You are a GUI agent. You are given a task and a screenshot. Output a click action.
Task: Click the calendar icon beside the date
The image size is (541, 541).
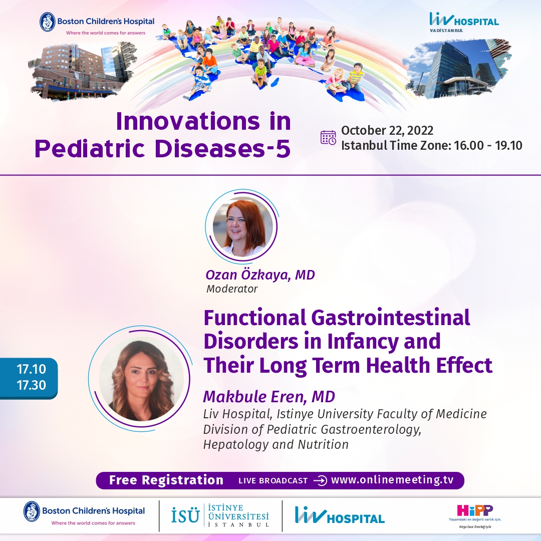coord(328,138)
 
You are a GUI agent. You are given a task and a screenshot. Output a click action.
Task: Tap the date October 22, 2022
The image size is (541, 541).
coord(387,130)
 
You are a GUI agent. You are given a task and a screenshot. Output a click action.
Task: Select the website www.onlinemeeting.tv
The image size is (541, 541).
coord(392,480)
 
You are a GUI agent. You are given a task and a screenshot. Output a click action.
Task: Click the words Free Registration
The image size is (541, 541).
coord(166,480)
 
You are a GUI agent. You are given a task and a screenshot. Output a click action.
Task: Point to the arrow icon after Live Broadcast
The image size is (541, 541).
coord(320,480)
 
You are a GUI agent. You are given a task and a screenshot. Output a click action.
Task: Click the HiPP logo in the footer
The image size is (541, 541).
coord(475,515)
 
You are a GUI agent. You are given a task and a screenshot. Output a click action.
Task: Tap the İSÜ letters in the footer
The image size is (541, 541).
coord(185,516)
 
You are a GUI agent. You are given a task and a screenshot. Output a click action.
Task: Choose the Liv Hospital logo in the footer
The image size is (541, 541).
coord(340,515)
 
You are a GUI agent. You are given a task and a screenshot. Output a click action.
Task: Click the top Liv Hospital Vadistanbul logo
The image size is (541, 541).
coord(464,22)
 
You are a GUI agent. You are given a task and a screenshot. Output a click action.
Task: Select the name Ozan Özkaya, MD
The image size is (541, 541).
coord(260,275)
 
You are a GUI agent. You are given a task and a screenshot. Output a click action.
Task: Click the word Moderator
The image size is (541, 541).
coord(232,289)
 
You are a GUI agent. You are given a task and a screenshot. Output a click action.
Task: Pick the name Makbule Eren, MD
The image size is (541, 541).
coord(269,397)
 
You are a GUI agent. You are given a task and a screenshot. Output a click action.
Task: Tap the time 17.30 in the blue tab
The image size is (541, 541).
coord(32,385)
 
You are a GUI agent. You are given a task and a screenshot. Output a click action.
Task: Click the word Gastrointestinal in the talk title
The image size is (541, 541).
coord(391,318)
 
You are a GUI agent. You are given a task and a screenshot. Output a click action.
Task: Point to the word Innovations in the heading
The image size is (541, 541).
coord(188,121)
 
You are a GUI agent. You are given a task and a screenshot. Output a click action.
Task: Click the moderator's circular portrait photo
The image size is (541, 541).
coord(243,226)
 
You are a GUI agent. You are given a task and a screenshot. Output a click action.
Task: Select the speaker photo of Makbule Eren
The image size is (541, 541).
coord(141,379)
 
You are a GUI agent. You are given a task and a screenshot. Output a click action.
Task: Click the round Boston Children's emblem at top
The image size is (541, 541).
coord(47,22)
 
